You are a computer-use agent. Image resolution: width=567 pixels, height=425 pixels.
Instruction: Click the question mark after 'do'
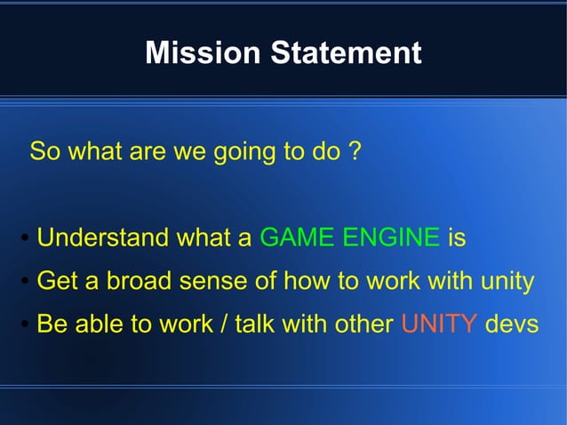click(x=354, y=151)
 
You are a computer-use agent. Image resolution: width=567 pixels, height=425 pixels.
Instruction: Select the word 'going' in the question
click(x=245, y=152)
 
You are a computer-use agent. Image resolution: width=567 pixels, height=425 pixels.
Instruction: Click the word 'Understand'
click(x=102, y=238)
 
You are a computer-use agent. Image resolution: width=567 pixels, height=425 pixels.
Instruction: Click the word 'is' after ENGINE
click(x=457, y=238)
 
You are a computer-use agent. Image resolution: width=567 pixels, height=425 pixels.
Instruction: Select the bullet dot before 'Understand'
click(x=26, y=239)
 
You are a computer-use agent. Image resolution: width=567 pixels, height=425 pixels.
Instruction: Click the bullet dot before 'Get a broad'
click(x=26, y=283)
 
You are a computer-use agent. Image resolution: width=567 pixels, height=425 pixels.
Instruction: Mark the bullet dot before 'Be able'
click(x=26, y=325)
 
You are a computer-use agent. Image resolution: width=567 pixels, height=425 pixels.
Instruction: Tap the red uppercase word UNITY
click(x=439, y=325)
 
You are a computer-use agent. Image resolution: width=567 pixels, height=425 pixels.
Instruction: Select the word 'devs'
click(x=512, y=325)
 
